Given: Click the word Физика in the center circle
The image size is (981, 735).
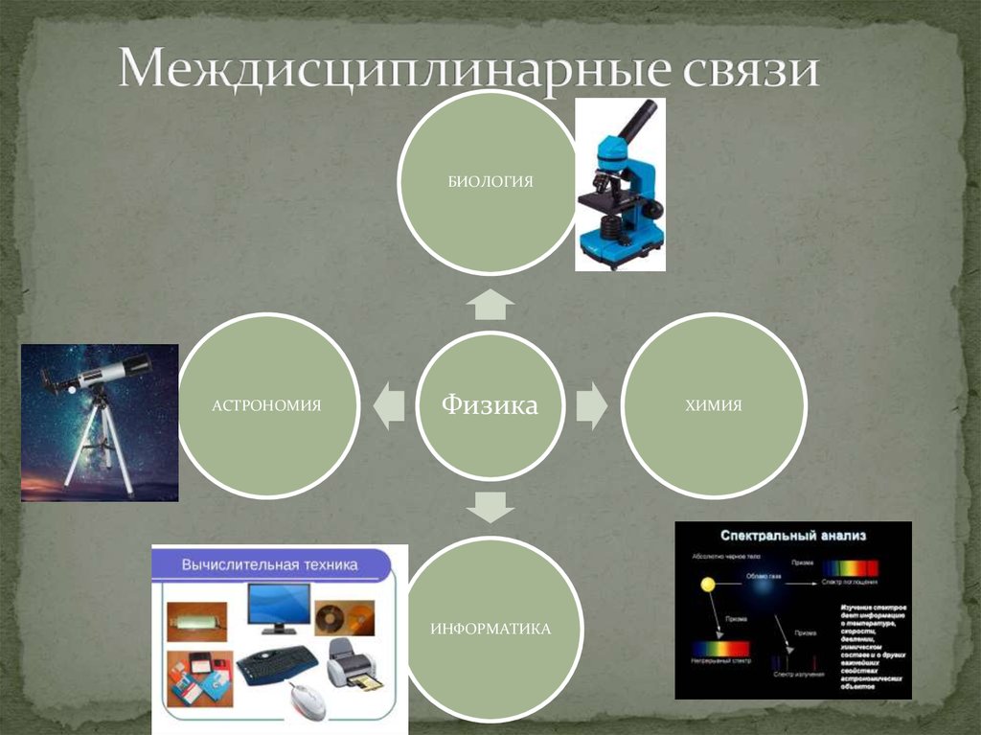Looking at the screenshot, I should [490, 405].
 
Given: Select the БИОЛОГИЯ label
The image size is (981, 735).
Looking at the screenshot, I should [490, 181].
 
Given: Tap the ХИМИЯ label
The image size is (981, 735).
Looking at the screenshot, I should [714, 405].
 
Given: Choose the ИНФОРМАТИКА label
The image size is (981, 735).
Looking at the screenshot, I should [490, 630].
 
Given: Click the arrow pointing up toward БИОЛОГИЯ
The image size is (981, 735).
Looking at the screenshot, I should [490, 305].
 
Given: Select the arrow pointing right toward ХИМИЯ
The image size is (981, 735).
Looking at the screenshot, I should [591, 405].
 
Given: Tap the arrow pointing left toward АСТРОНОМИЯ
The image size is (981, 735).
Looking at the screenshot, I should [389, 405].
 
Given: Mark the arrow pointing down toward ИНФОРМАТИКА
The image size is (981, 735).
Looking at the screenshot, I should [490, 505].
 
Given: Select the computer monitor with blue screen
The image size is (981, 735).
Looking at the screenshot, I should [278, 607].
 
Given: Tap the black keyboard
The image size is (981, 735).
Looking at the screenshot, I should [277, 663].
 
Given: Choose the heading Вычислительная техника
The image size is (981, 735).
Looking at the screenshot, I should [269, 564].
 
